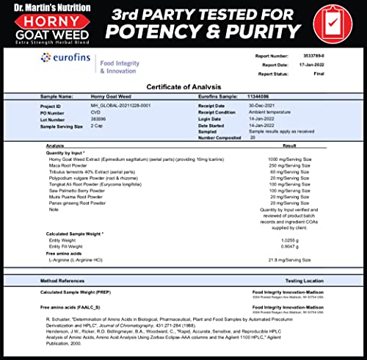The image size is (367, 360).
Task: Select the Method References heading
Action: coord(64,280)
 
